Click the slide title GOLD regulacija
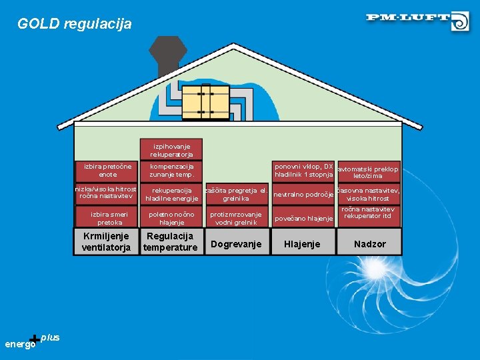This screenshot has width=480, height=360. (x=75, y=24)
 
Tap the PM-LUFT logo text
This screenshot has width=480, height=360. (x=408, y=17)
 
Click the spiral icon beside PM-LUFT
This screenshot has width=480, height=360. (x=460, y=22)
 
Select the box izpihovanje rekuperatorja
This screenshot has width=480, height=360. (x=171, y=150)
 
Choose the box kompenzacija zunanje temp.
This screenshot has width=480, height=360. (x=171, y=170)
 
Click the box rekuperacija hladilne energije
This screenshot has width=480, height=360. (x=171, y=194)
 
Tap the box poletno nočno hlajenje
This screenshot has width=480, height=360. (x=171, y=218)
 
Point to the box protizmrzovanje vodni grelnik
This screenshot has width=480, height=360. (x=235, y=218)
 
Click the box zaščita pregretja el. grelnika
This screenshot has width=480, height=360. (x=235, y=194)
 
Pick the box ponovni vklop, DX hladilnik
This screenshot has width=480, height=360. (x=303, y=170)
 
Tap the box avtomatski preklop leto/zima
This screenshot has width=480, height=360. (x=368, y=172)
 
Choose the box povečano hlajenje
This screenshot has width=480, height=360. (x=303, y=219)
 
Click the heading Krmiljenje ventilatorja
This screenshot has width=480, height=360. (x=107, y=242)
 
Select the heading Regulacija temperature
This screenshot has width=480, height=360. (x=171, y=242)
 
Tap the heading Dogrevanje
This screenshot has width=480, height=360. (x=235, y=244)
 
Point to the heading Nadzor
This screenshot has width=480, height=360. (x=369, y=244)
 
